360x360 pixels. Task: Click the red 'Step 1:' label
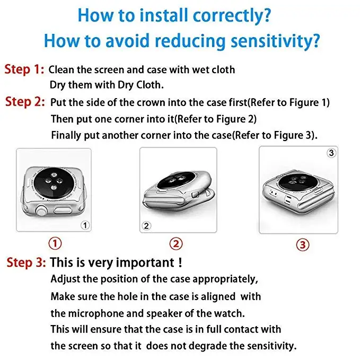pyautogui.click(x=24, y=69)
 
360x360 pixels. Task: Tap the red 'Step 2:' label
pyautogui.click(x=25, y=102)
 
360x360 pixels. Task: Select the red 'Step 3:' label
pyautogui.click(x=26, y=262)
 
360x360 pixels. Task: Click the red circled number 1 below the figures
pyautogui.click(x=55, y=243)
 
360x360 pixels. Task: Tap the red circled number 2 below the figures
pyautogui.click(x=176, y=243)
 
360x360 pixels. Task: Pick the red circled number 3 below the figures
pyautogui.click(x=303, y=245)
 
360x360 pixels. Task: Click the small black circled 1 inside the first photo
pyautogui.click(x=85, y=225)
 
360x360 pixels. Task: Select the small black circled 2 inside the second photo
pyautogui.click(x=146, y=226)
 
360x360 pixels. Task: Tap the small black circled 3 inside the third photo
pyautogui.click(x=331, y=153)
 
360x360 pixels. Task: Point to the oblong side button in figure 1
pyautogui.click(x=62, y=210)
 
